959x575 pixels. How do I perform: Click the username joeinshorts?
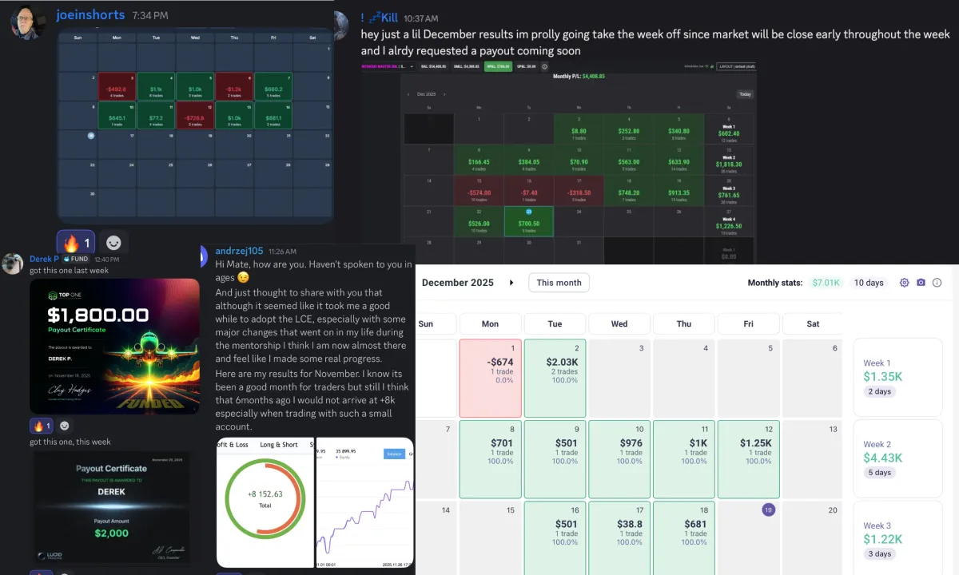(x=90, y=15)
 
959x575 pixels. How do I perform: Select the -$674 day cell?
(x=490, y=372)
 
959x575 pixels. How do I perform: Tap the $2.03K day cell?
(x=555, y=372)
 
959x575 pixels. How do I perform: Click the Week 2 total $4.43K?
(x=882, y=458)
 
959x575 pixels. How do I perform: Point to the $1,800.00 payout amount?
(x=97, y=315)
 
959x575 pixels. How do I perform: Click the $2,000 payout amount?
(x=111, y=533)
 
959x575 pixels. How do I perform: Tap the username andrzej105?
(x=239, y=251)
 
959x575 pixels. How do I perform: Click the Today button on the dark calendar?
(x=744, y=94)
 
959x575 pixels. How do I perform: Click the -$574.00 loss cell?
(x=479, y=192)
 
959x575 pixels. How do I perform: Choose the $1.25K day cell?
(x=748, y=453)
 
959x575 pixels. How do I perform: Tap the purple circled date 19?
(x=768, y=510)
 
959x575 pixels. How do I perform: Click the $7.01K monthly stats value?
(x=826, y=283)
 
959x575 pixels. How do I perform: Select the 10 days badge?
(x=869, y=283)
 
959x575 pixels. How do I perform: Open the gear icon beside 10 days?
(x=905, y=283)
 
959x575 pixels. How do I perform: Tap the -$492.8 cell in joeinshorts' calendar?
(x=117, y=89)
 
